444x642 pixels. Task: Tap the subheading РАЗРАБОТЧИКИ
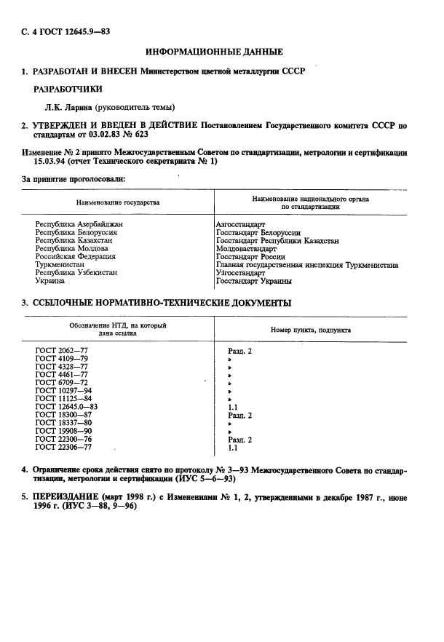70,89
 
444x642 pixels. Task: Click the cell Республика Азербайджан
79,225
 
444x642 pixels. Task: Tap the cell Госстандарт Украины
254,281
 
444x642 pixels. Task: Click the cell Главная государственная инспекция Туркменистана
307,265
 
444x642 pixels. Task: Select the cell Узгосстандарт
241,273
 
